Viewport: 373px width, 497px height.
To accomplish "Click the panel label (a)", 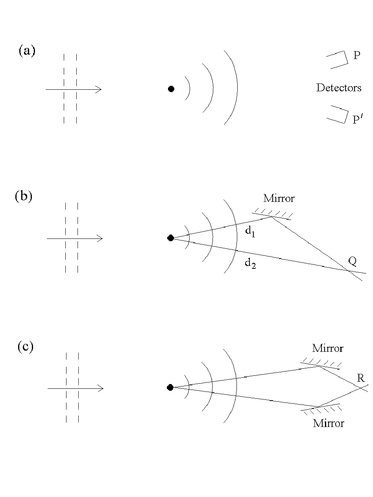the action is pyautogui.click(x=27, y=50).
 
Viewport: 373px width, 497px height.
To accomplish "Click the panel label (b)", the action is pyautogui.click(x=24, y=196).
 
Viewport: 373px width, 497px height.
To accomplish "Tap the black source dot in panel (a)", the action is pyautogui.click(x=171, y=89).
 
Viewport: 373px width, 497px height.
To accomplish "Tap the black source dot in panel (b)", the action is pyautogui.click(x=170, y=238).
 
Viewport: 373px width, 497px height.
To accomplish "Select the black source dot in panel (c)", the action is pyautogui.click(x=170, y=388).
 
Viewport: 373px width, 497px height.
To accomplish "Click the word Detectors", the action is pyautogui.click(x=339, y=88).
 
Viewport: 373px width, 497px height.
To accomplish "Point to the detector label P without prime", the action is pyautogui.click(x=357, y=55).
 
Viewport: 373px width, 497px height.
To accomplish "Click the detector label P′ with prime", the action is pyautogui.click(x=358, y=119).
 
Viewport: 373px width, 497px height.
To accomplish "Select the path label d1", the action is pyautogui.click(x=250, y=232).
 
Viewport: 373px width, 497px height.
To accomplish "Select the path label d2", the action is pyautogui.click(x=250, y=264).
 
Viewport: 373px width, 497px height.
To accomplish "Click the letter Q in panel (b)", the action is pyautogui.click(x=353, y=262).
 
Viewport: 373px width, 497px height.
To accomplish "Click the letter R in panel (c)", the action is pyautogui.click(x=361, y=378).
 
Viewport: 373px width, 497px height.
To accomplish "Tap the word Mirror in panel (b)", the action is pyautogui.click(x=279, y=198).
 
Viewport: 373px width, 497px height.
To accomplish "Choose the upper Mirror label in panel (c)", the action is pyautogui.click(x=328, y=348).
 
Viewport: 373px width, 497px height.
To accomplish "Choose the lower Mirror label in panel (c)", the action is pyautogui.click(x=329, y=423).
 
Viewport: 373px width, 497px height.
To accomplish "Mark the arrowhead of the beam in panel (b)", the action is pyautogui.click(x=100, y=238).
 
